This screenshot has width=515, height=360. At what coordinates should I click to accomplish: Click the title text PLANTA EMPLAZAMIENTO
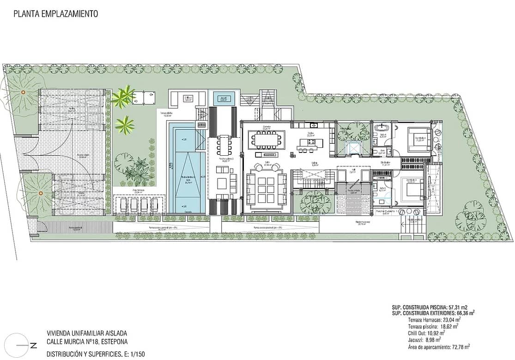[x=55, y=14]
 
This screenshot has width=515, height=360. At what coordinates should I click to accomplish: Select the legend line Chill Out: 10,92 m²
[x=426, y=332]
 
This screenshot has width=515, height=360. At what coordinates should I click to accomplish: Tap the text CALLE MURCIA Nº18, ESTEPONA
[x=87, y=342]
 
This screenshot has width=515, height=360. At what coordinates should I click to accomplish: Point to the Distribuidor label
[x=386, y=163]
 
